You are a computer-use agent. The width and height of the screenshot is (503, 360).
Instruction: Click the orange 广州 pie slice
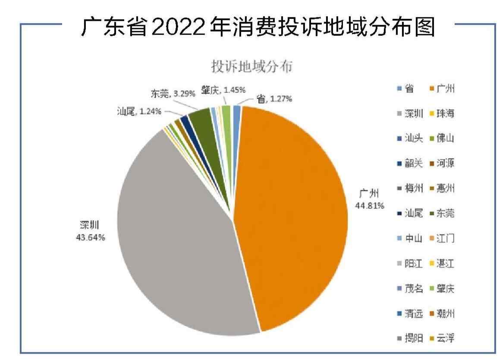point(293,216)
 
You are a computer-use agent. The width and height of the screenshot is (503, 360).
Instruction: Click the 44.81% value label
point(370,205)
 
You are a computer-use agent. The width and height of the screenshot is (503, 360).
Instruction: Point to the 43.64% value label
point(90,237)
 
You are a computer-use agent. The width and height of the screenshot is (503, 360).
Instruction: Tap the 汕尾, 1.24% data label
point(139,111)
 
